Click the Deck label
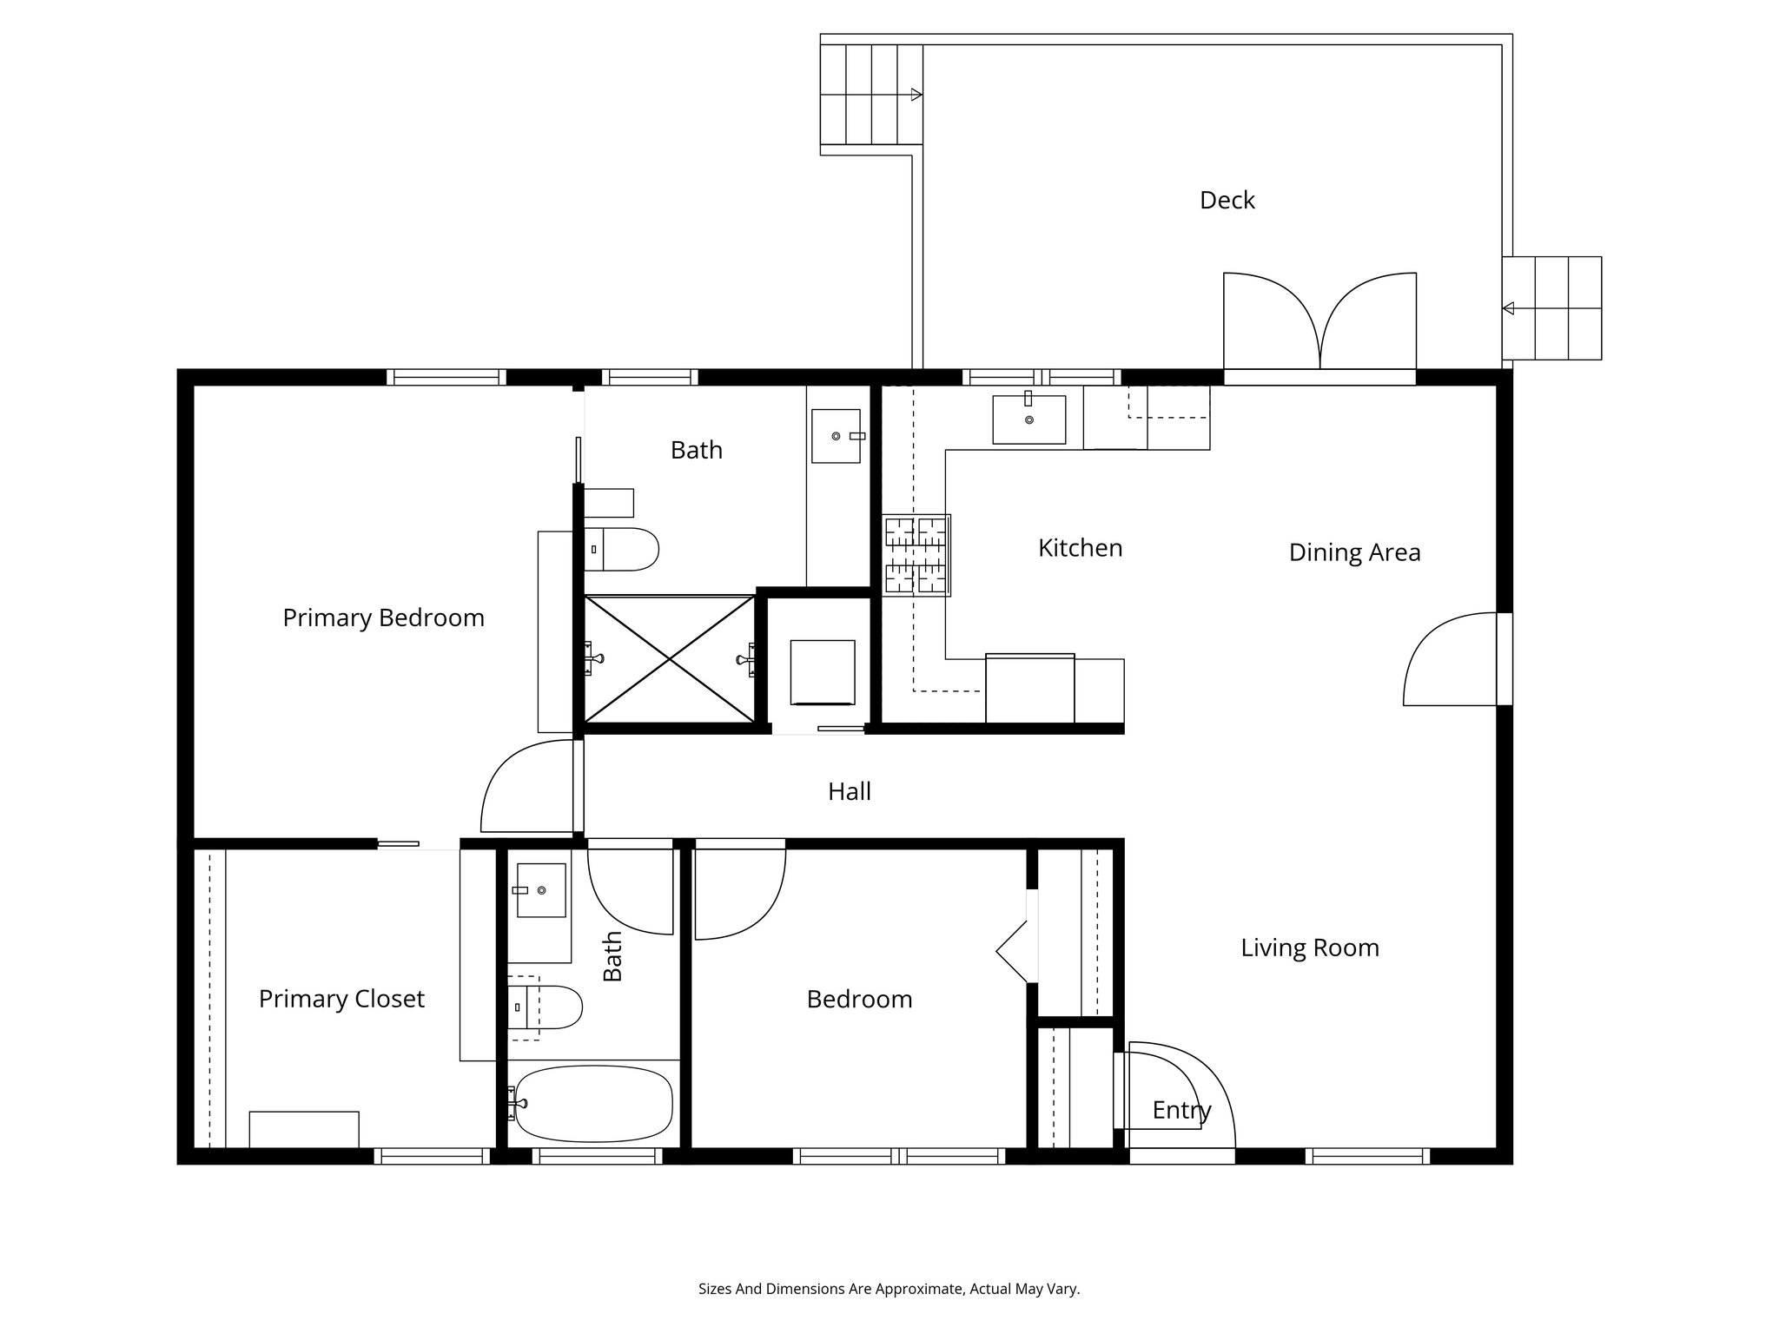pyautogui.click(x=1227, y=201)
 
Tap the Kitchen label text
pyautogui.click(x=1080, y=548)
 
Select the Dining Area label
pyautogui.click(x=1353, y=552)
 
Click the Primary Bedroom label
pyautogui.click(x=383, y=618)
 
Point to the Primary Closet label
pyautogui.click(x=341, y=1000)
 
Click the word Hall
pyautogui.click(x=849, y=791)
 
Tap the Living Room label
pyautogui.click(x=1309, y=948)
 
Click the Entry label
pyautogui.click(x=1180, y=1110)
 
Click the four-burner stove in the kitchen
pyautogui.click(x=916, y=556)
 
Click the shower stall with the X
pyautogui.click(x=669, y=659)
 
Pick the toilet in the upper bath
pyautogui.click(x=627, y=549)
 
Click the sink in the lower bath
pyautogui.click(x=540, y=890)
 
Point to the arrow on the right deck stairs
pyautogui.click(x=1509, y=308)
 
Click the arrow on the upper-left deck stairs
pyautogui.click(x=916, y=95)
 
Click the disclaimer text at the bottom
pyautogui.click(x=889, y=1289)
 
